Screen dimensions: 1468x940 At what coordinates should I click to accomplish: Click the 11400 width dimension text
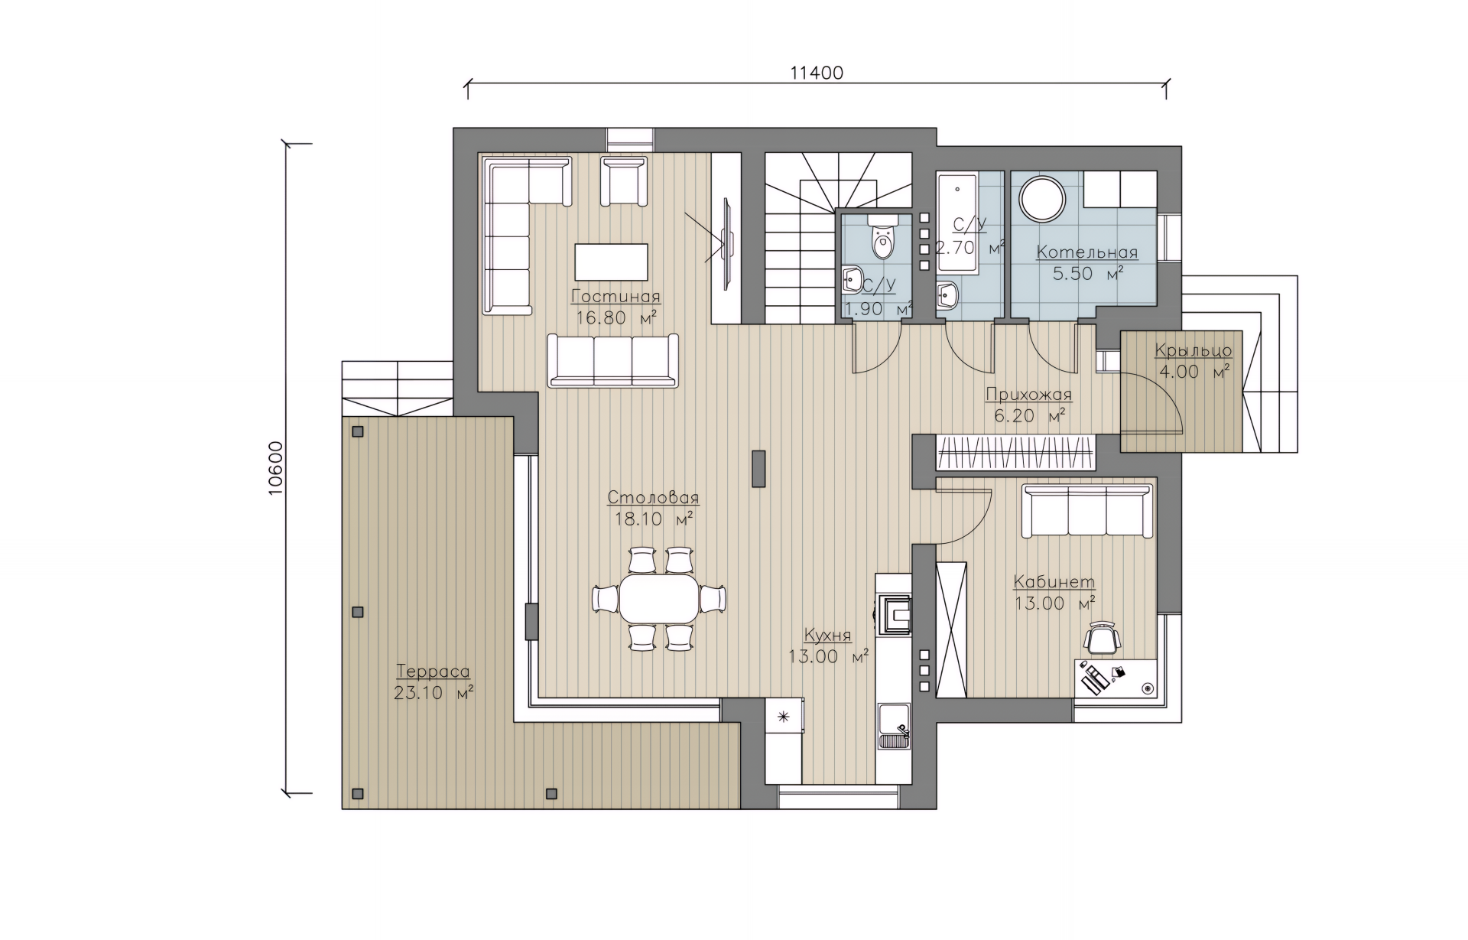click(x=817, y=73)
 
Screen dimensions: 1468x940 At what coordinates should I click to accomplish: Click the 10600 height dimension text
click(x=276, y=468)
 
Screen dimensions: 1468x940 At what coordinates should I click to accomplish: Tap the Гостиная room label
click(x=615, y=297)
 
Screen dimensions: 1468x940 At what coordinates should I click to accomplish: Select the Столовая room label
click(x=653, y=498)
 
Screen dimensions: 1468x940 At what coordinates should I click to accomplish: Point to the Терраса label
click(x=433, y=672)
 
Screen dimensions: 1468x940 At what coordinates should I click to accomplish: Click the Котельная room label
click(x=1086, y=252)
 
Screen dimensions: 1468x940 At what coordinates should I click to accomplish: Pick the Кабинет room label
click(x=1054, y=582)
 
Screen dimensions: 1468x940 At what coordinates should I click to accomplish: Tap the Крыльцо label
click(x=1194, y=351)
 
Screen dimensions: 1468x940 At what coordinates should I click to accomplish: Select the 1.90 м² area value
click(x=878, y=309)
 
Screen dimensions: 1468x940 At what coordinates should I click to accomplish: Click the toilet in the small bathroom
click(x=883, y=236)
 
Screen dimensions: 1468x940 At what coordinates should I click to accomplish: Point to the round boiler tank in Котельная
click(x=1041, y=200)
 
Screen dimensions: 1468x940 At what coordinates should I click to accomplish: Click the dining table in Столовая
click(x=659, y=598)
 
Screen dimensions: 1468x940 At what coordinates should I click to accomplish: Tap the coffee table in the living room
click(x=612, y=262)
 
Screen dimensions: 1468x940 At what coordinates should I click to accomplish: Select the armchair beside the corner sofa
click(x=624, y=181)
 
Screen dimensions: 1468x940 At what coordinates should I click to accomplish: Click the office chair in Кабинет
click(x=1102, y=638)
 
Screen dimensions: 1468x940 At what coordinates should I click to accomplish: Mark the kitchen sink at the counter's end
click(x=894, y=726)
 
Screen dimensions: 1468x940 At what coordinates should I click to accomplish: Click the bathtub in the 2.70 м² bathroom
click(x=956, y=223)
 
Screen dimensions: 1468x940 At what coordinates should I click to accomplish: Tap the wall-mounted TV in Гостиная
click(x=728, y=244)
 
